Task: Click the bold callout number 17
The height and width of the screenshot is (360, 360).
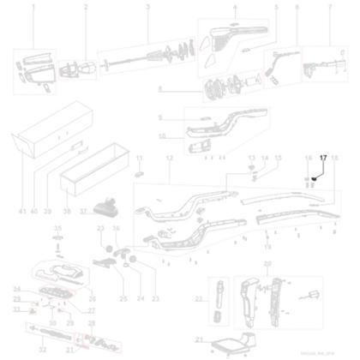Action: pyautogui.click(x=323, y=159)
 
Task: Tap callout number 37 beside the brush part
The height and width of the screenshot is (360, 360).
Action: pyautogui.click(x=82, y=210)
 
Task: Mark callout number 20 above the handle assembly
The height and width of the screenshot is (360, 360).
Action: pyautogui.click(x=267, y=263)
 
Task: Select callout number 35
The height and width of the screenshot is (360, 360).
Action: pyautogui.click(x=58, y=229)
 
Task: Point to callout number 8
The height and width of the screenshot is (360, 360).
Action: pyautogui.click(x=160, y=88)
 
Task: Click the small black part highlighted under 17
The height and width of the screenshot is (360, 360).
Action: pyautogui.click(x=315, y=178)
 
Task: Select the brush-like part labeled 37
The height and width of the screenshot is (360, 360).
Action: pyautogui.click(x=108, y=207)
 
